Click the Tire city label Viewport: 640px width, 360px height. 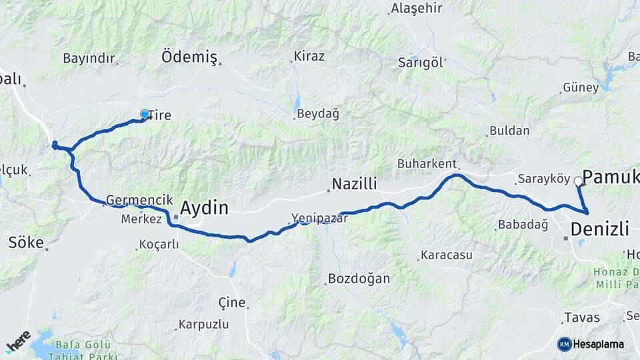159,115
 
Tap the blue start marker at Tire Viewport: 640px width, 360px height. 145,115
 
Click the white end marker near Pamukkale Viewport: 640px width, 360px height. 578,181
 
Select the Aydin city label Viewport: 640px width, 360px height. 204,208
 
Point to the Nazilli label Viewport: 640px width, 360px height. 355,183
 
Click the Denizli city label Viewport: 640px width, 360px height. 600,230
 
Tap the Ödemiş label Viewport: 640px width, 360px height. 189,58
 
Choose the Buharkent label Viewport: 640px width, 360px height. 426,163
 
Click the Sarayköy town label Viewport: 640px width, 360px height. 543,179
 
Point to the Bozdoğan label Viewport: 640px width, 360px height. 359,279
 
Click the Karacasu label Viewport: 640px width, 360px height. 446,255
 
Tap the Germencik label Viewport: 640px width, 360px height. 135,200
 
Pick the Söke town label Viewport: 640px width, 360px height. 25,242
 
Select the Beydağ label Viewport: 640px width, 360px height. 318,113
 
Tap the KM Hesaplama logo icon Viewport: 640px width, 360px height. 564,344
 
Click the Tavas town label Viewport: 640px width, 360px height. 582,317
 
